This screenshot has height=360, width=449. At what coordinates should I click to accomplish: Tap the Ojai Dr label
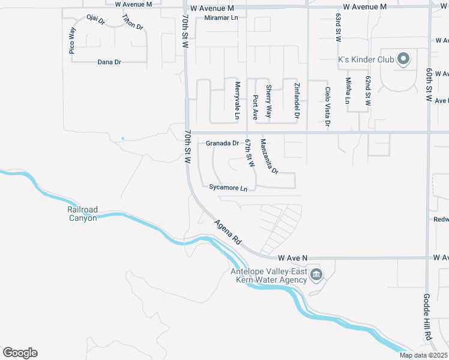[x=95, y=20]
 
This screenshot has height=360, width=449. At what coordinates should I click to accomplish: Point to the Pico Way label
[x=73, y=41]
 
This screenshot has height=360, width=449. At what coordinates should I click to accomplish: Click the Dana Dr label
[x=109, y=62]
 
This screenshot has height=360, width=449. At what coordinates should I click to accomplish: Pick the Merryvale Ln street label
[x=238, y=100]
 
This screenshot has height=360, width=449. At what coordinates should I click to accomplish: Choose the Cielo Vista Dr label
[x=328, y=107]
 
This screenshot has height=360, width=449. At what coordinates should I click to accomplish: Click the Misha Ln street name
[x=348, y=90]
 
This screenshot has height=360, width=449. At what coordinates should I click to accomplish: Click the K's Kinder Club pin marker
[x=403, y=59]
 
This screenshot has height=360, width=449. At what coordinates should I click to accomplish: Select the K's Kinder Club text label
[x=365, y=59]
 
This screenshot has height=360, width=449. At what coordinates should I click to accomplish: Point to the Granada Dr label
[x=222, y=143]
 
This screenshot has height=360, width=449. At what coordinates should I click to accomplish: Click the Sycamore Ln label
[x=228, y=188]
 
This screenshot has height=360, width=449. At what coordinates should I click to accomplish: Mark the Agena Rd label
[x=228, y=232]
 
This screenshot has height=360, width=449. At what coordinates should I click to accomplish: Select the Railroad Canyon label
[x=82, y=214]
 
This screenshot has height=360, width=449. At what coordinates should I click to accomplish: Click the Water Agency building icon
[x=316, y=275]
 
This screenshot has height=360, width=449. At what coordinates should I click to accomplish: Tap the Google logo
[x=20, y=353]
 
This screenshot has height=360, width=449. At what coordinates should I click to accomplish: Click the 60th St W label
[x=430, y=83]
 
